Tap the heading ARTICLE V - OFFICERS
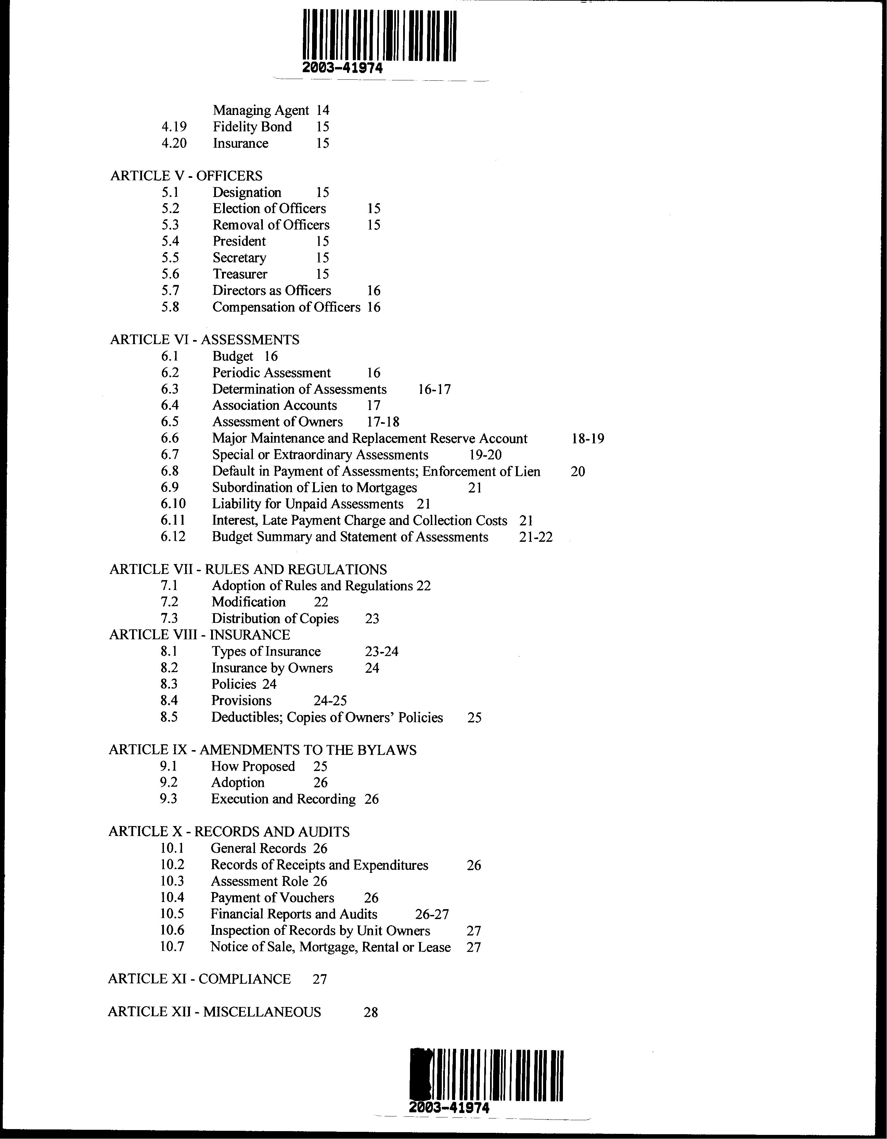tap(186, 176)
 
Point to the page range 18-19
tap(588, 438)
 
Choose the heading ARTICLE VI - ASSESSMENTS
tap(205, 340)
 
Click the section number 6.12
tap(173, 537)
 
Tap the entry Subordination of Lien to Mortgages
tap(314, 488)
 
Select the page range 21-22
tap(536, 537)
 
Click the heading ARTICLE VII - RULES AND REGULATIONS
tap(248, 569)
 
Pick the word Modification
tap(248, 602)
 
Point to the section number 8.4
tap(169, 701)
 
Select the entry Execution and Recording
tap(283, 799)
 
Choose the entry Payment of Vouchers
tap(272, 898)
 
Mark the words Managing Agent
tap(261, 110)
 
